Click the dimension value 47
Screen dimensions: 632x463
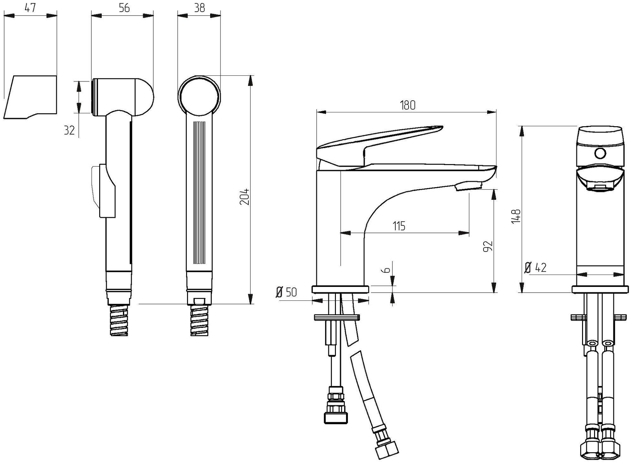tap(30, 8)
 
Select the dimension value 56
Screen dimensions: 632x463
tap(124, 8)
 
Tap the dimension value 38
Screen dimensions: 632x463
tap(199, 8)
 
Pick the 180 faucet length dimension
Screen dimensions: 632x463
tap(408, 105)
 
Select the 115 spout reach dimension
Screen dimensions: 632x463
tap(399, 226)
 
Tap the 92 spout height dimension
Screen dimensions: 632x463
tap(489, 246)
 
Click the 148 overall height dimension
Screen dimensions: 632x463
tap(516, 216)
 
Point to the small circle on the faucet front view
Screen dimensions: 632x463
tap(600, 154)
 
